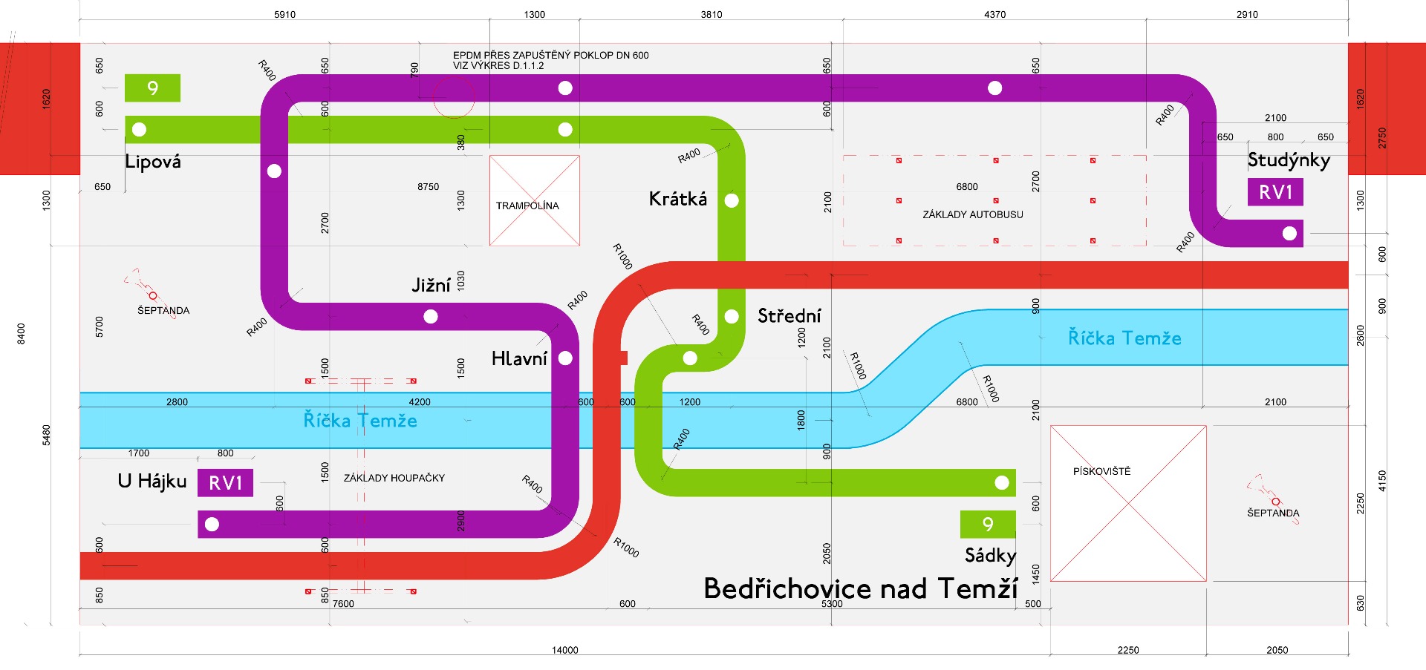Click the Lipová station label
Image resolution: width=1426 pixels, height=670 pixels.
153,162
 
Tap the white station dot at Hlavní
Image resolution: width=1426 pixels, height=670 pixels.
565,358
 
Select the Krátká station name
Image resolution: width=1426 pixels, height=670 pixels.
677,199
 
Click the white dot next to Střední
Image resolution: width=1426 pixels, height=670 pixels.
732,317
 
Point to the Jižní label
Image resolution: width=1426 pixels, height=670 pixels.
431,285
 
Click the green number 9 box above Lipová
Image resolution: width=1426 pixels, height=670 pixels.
152,88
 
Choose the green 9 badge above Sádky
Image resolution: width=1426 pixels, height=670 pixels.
988,525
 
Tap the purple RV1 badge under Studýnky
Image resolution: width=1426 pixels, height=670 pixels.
1275,192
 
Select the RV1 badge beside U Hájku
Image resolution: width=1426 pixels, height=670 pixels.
225,483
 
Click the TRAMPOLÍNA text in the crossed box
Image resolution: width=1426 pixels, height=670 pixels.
527,206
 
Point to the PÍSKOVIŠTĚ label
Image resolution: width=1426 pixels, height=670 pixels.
1101,471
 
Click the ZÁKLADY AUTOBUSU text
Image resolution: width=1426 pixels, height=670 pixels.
972,214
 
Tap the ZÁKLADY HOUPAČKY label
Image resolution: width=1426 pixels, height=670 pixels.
394,478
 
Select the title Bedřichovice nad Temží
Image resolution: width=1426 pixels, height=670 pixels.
860,588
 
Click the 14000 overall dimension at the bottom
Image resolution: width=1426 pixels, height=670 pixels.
564,650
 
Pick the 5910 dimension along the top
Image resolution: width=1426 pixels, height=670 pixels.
284,14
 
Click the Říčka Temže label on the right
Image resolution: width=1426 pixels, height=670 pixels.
1124,338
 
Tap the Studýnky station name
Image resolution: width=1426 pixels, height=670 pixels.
1289,160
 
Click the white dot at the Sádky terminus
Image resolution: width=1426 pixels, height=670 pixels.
1002,483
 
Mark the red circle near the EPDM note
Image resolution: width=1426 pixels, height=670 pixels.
453,97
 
